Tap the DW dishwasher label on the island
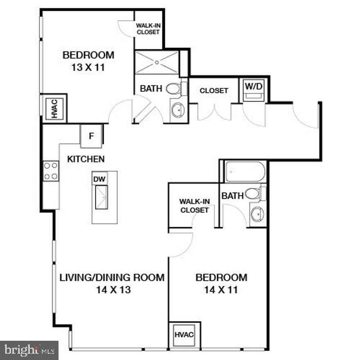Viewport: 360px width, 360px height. pos(97,179)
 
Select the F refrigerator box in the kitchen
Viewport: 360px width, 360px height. pos(91,136)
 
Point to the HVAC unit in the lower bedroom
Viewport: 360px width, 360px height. pos(184,334)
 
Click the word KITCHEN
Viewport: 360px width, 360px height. pos(86,159)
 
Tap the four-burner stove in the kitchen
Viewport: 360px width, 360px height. pos(51,171)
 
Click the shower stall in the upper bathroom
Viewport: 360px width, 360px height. pos(157,63)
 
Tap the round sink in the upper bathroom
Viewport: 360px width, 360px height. pos(178,110)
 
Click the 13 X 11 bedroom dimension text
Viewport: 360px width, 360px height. pos(88,67)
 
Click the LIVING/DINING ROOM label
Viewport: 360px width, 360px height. pos(112,277)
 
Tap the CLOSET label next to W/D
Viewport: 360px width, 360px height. pos(214,90)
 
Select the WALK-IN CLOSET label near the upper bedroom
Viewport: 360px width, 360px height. pos(148,29)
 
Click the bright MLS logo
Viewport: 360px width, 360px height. pos(29,350)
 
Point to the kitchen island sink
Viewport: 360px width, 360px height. pos(101,197)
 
